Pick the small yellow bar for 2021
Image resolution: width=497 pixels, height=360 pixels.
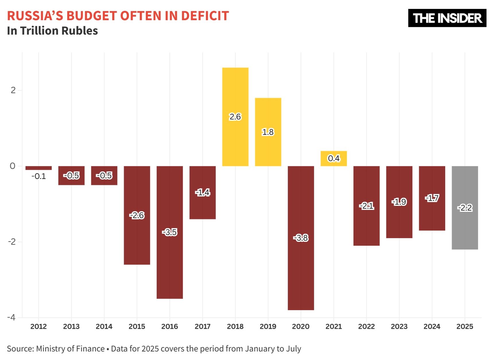point(334,158)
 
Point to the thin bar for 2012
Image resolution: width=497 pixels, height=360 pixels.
point(38,168)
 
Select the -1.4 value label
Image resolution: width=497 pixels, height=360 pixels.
point(203,192)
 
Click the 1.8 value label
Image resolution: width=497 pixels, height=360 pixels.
point(268,132)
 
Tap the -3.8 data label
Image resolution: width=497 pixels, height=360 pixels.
point(301,238)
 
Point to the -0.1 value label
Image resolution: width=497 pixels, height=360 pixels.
point(38,176)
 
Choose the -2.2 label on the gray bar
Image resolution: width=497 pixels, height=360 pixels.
point(465,208)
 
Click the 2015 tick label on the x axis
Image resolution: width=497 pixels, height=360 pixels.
point(137,326)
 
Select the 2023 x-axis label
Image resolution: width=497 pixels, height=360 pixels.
point(399,326)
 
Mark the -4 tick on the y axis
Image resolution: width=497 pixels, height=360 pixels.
point(11,318)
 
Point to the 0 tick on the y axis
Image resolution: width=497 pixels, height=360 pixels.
point(12,166)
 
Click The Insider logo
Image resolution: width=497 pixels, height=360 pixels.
point(447,18)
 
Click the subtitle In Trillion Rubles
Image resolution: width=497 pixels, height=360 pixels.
point(52,31)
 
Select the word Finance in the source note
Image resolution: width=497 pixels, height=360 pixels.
point(91,349)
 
